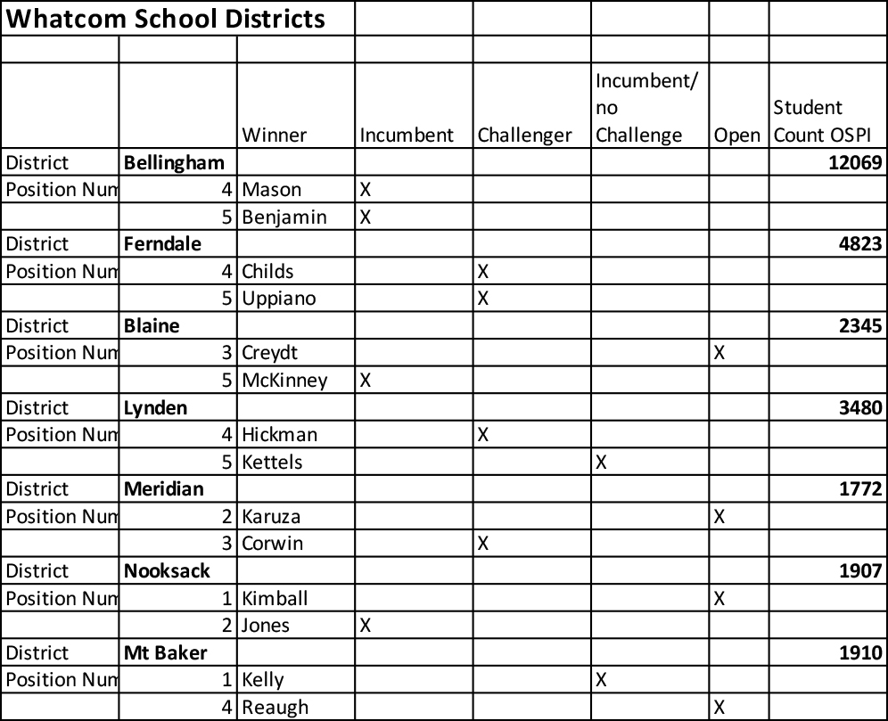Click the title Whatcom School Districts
(x=166, y=19)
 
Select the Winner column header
(x=274, y=135)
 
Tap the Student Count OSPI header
(x=819, y=121)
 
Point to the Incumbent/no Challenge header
(x=646, y=108)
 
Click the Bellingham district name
(x=174, y=163)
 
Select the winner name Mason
(x=272, y=190)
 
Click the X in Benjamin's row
(x=365, y=217)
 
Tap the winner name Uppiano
(x=278, y=299)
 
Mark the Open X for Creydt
(x=719, y=353)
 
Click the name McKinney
(x=284, y=381)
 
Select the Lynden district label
(x=156, y=408)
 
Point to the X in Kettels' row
(x=601, y=463)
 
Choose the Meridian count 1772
(x=859, y=489)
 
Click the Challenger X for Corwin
(x=482, y=544)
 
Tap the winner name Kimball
(x=275, y=598)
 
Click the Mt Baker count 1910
(x=859, y=652)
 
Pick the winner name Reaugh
(x=275, y=708)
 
